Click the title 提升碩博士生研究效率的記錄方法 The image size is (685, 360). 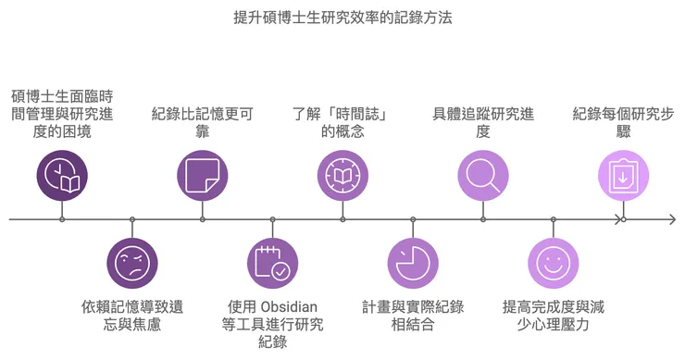(x=342, y=18)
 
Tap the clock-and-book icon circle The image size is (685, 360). (x=62, y=175)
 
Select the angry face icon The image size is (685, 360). (x=132, y=264)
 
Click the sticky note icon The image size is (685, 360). (x=203, y=175)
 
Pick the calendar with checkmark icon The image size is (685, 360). (x=273, y=264)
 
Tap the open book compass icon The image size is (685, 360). (x=343, y=175)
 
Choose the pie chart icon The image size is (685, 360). (x=413, y=264)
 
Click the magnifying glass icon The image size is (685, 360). (x=483, y=175)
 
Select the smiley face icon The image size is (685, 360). (x=554, y=264)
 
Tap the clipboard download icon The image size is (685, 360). (x=623, y=175)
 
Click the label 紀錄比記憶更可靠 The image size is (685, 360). (x=203, y=122)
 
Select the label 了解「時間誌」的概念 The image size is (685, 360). (x=342, y=122)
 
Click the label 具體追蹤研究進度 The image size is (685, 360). (x=483, y=122)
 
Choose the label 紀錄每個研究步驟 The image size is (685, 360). (x=623, y=122)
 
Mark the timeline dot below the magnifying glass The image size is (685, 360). (x=483, y=219)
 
